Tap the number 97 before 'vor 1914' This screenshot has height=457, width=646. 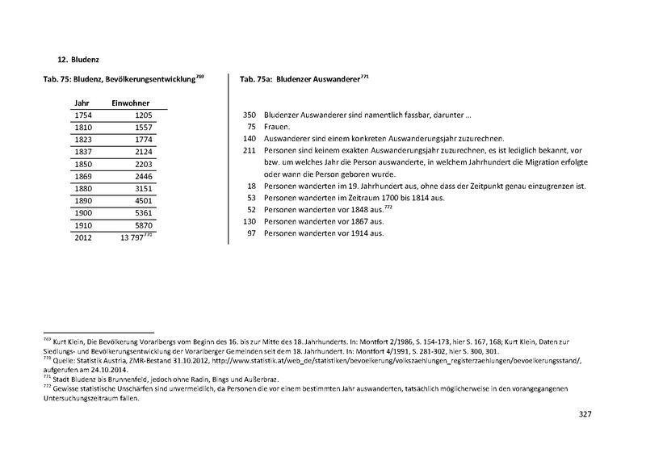tap(251, 234)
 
